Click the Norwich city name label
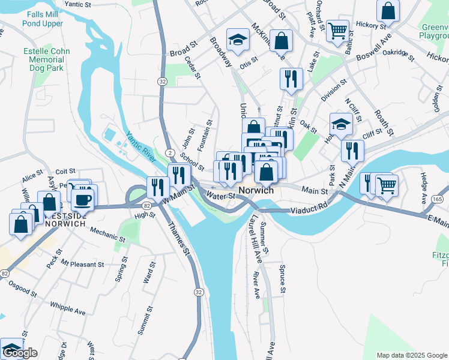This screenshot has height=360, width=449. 256,190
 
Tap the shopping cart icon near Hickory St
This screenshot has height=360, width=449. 338,29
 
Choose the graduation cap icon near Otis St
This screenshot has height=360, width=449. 238,40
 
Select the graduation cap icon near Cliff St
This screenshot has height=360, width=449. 341,124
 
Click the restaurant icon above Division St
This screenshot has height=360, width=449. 291,79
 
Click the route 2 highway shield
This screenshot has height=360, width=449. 170,153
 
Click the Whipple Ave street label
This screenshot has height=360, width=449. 68,308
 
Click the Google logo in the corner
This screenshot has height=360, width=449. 20,353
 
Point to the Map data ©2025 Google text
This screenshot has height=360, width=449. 411,355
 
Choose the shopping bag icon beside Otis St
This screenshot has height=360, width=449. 281,41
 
